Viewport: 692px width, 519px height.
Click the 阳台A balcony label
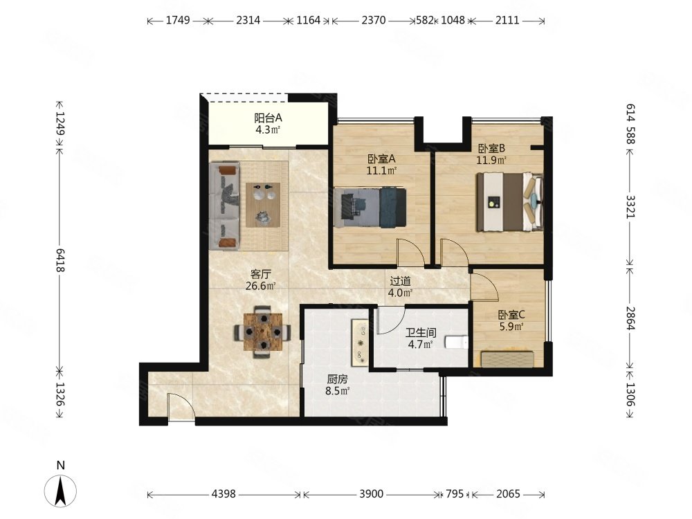click(268, 118)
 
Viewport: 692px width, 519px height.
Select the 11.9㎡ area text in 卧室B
click(491, 160)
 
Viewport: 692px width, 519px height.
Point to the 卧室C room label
click(511, 315)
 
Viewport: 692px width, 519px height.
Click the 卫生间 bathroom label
click(421, 333)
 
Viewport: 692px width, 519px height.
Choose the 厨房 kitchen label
click(337, 379)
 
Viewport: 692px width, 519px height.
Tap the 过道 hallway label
click(400, 281)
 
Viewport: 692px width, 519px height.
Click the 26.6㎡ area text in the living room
click(260, 286)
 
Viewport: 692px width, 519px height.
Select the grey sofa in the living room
click(225, 206)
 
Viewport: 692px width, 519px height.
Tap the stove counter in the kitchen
click(360, 343)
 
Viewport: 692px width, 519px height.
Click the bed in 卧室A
click(370, 208)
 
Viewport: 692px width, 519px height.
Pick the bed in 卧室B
click(509, 202)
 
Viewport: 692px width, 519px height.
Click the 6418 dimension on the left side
click(60, 260)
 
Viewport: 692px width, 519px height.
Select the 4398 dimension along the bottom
click(224, 494)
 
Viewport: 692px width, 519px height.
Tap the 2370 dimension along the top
click(374, 20)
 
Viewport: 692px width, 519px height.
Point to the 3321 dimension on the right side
click(630, 206)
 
